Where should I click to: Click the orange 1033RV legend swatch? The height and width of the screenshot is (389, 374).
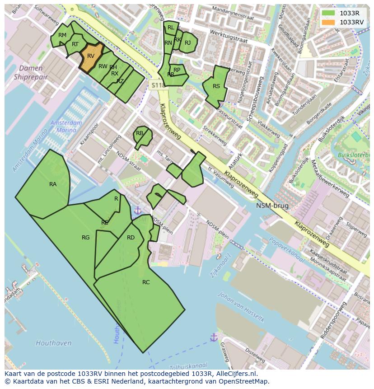pyautogui.click(x=329, y=22)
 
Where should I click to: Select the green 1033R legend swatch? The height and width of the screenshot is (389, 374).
pyautogui.click(x=329, y=13)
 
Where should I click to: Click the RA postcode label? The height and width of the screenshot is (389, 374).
pyautogui.click(x=53, y=184)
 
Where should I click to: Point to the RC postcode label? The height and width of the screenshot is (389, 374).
pyautogui.click(x=146, y=282)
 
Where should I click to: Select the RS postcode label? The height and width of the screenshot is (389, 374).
pyautogui.click(x=216, y=86)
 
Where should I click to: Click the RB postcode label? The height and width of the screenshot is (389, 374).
pyautogui.click(x=140, y=133)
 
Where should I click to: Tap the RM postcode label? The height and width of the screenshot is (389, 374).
pyautogui.click(x=62, y=35)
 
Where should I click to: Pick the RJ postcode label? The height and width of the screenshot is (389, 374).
pyautogui.click(x=188, y=43)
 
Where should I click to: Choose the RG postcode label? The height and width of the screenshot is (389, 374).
pyautogui.click(x=86, y=238)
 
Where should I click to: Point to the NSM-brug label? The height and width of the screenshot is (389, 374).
pyautogui.click(x=272, y=206)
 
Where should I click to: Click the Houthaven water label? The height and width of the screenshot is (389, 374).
pyautogui.click(x=53, y=343)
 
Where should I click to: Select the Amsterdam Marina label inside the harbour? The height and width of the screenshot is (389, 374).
pyautogui.click(x=66, y=127)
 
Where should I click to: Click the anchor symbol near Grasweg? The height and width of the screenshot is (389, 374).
pyautogui.click(x=214, y=337)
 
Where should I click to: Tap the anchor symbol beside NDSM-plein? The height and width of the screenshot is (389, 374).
pyautogui.click(x=137, y=210)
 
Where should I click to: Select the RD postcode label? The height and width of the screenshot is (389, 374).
pyautogui.click(x=131, y=238)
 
